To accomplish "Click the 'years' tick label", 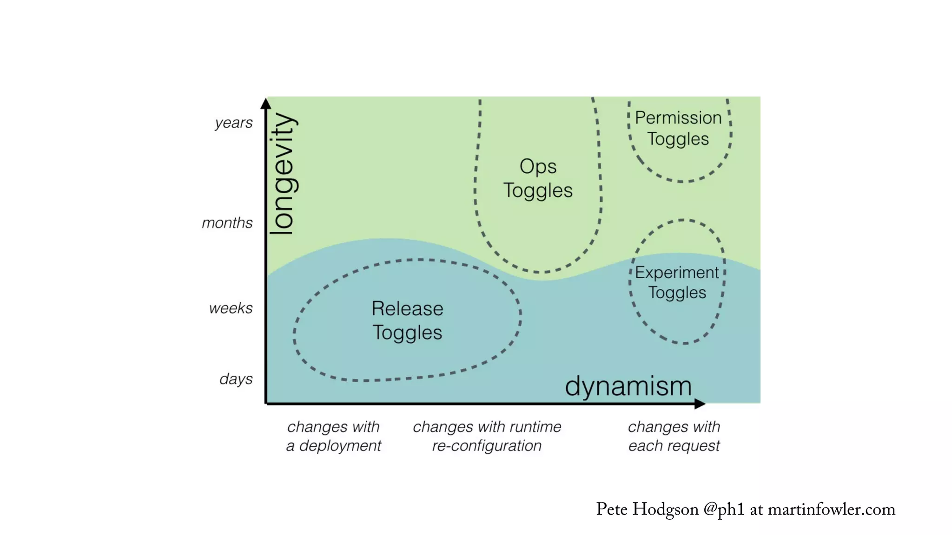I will coord(233,123).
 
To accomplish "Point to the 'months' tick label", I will coord(227,223).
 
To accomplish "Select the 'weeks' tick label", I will coord(231,308).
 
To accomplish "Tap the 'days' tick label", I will coord(236,379).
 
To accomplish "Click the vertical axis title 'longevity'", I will coord(283,174).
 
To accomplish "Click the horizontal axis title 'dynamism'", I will coord(628,386).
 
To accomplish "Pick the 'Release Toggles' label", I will coord(407,320).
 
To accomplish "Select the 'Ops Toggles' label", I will coord(538,178).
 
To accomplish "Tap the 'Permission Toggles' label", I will coord(678,128).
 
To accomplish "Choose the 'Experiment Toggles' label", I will coord(677,282).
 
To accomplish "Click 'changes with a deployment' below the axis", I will coord(333,436).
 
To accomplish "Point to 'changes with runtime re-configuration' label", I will coord(487,436).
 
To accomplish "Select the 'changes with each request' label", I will coord(674,436).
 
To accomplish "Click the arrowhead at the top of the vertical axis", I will coord(265,103).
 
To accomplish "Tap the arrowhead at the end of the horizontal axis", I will coord(700,404).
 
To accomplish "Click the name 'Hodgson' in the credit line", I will coord(665,509).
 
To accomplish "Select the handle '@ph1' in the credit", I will coord(724,509).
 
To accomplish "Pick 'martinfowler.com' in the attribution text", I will coord(831,509).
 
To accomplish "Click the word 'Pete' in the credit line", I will coord(612,509).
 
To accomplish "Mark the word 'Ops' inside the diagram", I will coord(538,166).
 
